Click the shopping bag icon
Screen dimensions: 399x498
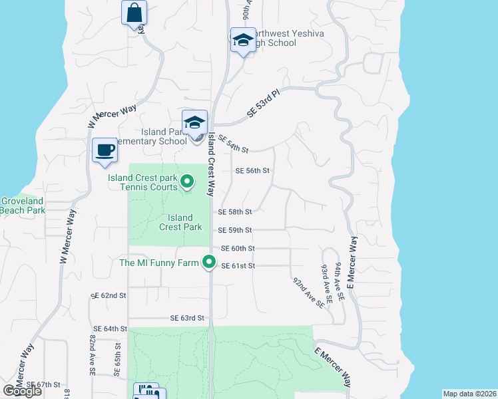134,12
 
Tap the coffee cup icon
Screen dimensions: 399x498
104,150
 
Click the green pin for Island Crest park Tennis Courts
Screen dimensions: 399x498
187,181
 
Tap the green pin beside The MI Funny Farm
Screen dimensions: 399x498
209,263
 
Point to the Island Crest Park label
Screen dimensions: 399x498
180,222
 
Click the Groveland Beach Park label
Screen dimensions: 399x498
22,205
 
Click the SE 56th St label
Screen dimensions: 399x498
253,170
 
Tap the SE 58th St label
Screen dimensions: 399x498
236,212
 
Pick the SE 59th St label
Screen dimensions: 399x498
236,230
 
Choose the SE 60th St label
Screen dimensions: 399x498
238,248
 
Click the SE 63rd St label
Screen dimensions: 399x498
186,319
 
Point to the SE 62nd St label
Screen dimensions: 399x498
109,294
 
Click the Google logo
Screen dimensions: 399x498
22,391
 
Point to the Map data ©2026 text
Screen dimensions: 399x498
469,394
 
